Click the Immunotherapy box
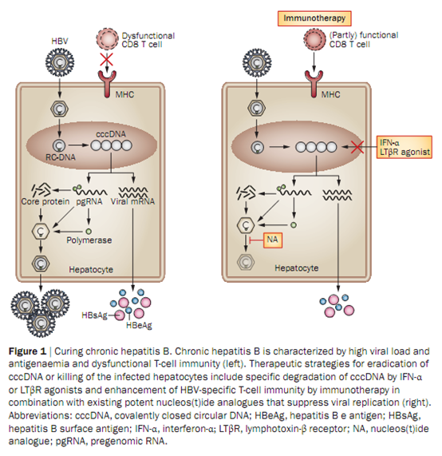pos(314,18)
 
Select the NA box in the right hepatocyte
pos(273,240)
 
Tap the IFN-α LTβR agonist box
pos(405,147)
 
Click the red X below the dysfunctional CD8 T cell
pos(107,60)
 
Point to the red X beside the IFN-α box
pos(357,147)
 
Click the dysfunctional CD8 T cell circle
pos(107,39)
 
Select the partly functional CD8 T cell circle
pos(314,40)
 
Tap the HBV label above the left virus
pos(60,41)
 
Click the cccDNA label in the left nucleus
pos(111,134)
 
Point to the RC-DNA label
pos(61,157)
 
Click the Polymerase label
pos(89,240)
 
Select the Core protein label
pos(45,201)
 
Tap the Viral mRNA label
pos(132,201)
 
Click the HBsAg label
pos(94,315)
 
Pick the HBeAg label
pos(139,325)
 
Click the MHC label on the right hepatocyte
pos(330,94)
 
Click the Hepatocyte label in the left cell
pos(91,270)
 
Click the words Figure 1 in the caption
pos(27,351)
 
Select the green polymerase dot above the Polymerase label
pos(89,232)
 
